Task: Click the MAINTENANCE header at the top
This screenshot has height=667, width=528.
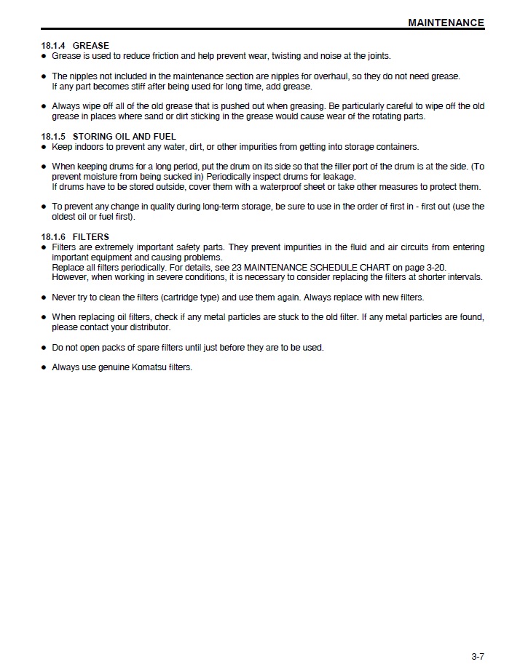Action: pos(446,23)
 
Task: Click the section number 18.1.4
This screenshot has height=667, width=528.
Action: pos(54,46)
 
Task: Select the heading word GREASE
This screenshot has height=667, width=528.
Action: pos(91,46)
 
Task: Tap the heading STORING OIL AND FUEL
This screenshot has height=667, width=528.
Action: pos(125,137)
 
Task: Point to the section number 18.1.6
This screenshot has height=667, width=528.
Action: pos(54,237)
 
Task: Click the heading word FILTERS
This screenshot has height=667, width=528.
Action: pos(91,237)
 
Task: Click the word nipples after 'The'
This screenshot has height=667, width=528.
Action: pos(84,76)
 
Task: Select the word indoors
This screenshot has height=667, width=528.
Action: pos(90,147)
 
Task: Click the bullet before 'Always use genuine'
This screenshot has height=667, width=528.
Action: pos(44,368)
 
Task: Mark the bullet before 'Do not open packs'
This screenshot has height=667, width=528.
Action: pos(44,348)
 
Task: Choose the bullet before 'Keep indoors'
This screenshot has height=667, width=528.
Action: pos(44,147)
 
